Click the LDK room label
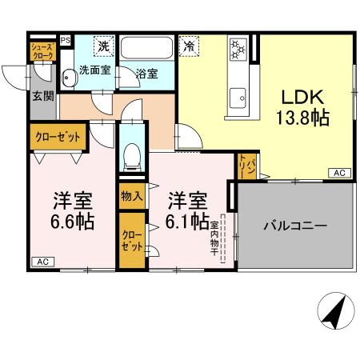[x=302, y=98]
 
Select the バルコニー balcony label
[x=295, y=226]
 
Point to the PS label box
[x=65, y=38]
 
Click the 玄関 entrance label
[x=42, y=97]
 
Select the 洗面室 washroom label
[x=94, y=70]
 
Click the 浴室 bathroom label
[x=146, y=74]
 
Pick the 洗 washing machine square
[x=102, y=46]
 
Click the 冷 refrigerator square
[x=189, y=46]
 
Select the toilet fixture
[x=133, y=151]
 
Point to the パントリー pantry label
[x=249, y=167]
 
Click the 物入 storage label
[x=132, y=195]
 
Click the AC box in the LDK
[x=338, y=173]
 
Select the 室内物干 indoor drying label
[x=214, y=232]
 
